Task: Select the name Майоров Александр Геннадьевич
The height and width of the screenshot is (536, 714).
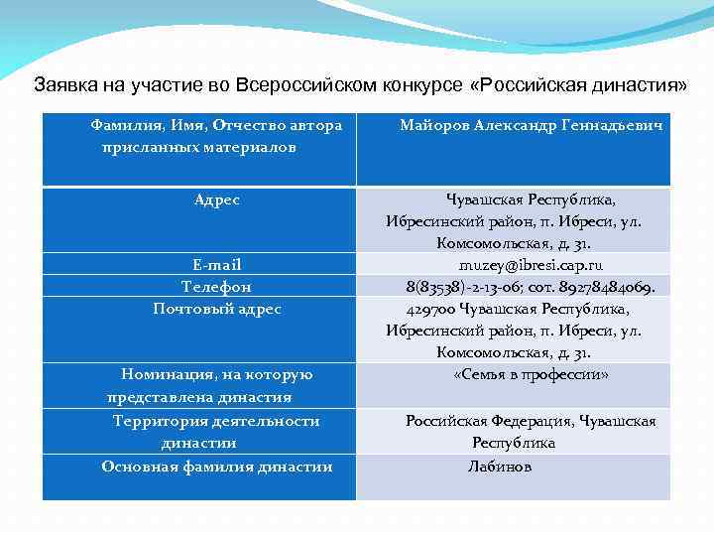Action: [532, 126]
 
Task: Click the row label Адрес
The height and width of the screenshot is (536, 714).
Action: [217, 200]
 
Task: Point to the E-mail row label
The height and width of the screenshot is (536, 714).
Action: [217, 265]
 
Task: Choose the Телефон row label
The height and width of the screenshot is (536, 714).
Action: [216, 287]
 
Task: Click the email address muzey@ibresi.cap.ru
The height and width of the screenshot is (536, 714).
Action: [531, 265]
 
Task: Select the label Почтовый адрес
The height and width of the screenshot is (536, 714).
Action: [217, 309]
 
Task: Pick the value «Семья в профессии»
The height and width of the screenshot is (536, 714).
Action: [531, 375]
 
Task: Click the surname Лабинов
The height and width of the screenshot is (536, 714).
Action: [500, 466]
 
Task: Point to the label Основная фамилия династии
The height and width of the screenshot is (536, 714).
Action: [217, 467]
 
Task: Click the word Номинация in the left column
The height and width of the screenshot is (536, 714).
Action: [166, 374]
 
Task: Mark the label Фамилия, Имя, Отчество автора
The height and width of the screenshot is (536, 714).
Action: [216, 126]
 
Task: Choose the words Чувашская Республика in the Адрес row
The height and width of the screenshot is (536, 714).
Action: [531, 200]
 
